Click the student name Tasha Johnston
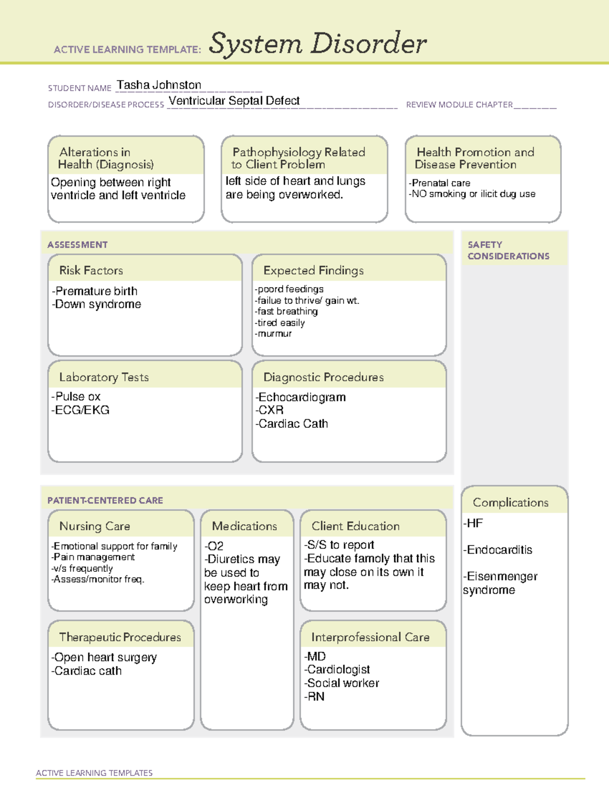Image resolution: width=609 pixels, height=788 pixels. tap(159, 85)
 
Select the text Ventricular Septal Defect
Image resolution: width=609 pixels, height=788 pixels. tap(234, 101)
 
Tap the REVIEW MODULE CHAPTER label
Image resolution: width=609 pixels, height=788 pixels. tap(459, 105)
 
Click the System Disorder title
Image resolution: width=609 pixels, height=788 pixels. tap(318, 44)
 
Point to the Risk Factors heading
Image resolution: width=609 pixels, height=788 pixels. tap(91, 270)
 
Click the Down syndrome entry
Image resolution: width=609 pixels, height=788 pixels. tap(97, 304)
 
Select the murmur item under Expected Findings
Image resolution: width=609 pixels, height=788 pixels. tap(274, 334)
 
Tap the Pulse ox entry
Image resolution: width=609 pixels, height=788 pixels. tap(76, 396)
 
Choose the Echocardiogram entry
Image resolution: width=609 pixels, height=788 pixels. tap(301, 397)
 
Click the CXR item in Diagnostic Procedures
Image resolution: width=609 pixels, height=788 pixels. tap(270, 410)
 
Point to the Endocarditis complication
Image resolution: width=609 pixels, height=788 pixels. tap(498, 550)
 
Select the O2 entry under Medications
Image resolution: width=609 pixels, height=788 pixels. tap(214, 546)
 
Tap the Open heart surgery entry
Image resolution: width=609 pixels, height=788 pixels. tap(105, 658)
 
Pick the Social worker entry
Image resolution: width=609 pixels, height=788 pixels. tap(342, 683)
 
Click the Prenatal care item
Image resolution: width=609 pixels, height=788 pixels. tap(440, 183)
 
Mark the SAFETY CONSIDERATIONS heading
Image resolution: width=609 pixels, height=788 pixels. tap(508, 251)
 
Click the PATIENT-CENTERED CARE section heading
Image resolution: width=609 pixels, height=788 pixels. tap(105, 501)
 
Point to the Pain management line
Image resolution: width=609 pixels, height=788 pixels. tap(93, 557)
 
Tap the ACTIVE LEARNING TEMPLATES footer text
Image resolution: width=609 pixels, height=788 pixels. tap(94, 773)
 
